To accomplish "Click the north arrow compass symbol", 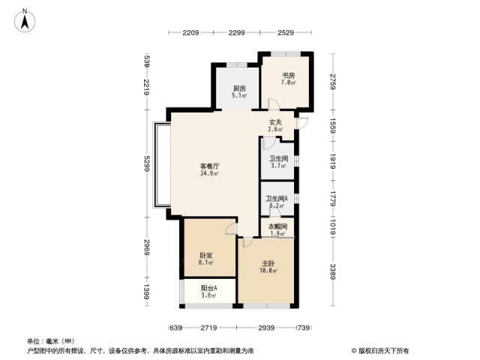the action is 25,20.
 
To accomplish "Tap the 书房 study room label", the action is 288,75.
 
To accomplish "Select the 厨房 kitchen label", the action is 239,88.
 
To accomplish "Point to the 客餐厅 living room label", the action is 209,166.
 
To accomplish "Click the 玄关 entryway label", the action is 275,122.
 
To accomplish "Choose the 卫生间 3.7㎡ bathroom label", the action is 278,159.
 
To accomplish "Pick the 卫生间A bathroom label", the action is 277,199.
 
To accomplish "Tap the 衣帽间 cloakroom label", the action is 277,226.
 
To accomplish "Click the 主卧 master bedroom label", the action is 268,263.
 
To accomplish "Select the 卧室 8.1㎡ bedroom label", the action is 206,255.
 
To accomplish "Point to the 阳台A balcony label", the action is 209,288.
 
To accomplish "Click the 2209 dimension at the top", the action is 190,32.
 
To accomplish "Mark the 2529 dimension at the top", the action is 286,32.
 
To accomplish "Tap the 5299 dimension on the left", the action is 147,163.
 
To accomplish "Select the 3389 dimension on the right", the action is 333,271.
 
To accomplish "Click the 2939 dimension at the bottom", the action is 266,328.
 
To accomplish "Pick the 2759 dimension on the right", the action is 333,82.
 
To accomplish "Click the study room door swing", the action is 274,103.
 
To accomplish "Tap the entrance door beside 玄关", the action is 302,123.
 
